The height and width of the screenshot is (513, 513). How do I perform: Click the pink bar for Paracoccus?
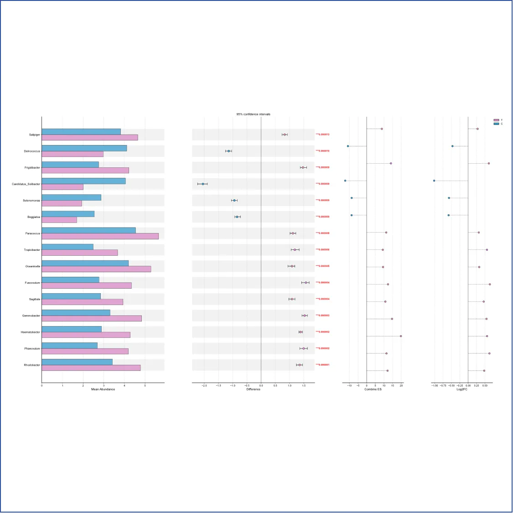[100, 236]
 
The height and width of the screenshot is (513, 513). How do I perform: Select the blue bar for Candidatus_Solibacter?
[83, 181]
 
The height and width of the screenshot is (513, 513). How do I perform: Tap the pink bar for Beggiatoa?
[59, 220]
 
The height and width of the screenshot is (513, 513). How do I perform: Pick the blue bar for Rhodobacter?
[77, 362]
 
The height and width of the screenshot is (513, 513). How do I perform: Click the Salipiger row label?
[35, 135]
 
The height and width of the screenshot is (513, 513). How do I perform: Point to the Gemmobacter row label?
[31, 316]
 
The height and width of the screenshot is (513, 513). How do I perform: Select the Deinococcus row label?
[32, 151]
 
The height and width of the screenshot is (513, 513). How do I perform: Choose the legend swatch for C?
[496, 124]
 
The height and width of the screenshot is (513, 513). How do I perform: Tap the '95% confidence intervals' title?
[253, 114]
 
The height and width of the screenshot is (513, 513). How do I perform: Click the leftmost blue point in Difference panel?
[203, 184]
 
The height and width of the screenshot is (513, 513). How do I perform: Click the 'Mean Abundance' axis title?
[103, 389]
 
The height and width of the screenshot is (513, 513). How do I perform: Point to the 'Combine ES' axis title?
[373, 389]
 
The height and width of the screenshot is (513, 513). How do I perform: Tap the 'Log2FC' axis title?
[462, 389]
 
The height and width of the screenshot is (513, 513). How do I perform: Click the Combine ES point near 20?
[401, 336]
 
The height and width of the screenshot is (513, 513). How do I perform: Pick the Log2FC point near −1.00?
[434, 181]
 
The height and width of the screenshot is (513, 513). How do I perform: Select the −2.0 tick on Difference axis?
[204, 386]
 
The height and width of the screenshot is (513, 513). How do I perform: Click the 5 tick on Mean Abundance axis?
[145, 386]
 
